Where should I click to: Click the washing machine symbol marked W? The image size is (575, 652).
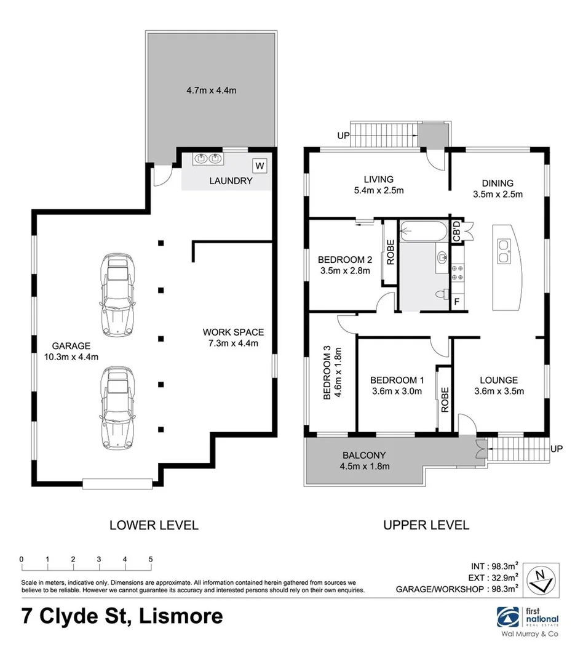pos(260,165)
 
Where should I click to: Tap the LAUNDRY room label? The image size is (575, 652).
pos(231,181)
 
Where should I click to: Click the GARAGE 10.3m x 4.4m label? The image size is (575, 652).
pos(71,351)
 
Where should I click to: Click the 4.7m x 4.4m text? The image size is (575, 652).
pos(212,90)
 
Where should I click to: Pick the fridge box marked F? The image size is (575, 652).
pos(456,302)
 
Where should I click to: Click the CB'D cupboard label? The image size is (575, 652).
pos(457,232)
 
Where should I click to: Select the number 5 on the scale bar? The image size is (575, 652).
pos(151,559)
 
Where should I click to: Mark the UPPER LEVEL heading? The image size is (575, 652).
pos(426,525)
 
